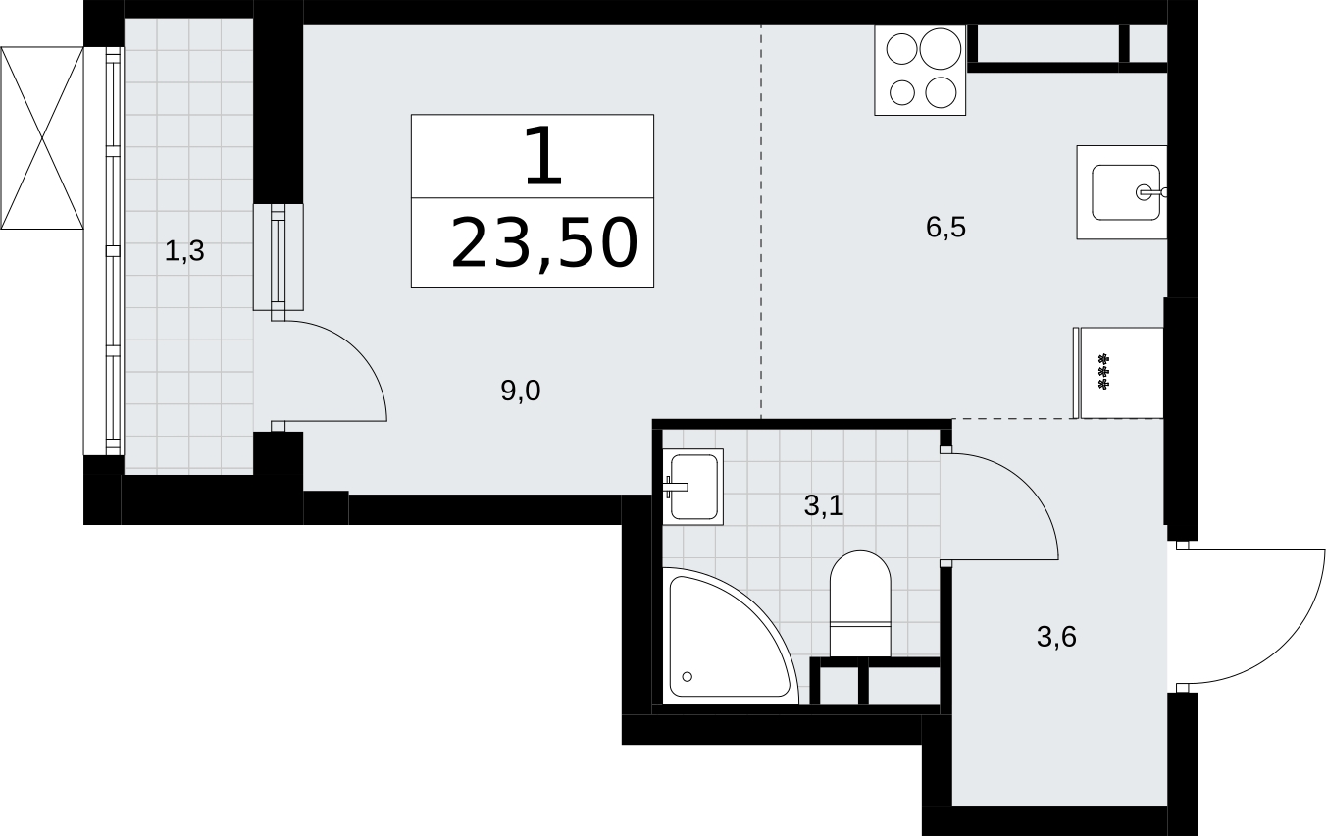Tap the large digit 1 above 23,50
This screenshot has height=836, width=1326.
click(542, 156)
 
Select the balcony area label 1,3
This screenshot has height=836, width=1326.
click(184, 251)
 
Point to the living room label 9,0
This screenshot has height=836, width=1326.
click(521, 391)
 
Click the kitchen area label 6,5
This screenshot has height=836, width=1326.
click(945, 228)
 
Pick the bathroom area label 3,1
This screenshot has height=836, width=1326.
click(824, 505)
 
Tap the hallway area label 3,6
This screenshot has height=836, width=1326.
click(1056, 637)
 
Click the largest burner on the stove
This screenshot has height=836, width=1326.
click(940, 48)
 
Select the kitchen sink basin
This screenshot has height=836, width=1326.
click(1125, 192)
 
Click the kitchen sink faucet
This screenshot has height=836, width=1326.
click(1151, 192)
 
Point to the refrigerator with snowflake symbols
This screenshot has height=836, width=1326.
click(1118, 373)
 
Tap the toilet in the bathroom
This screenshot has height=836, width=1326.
click(860, 603)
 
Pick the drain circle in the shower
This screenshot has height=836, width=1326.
click(688, 676)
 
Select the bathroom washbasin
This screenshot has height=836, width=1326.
click(692, 487)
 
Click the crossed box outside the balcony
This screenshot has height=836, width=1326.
click(41, 138)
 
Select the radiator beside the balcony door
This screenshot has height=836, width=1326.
click(279, 257)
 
